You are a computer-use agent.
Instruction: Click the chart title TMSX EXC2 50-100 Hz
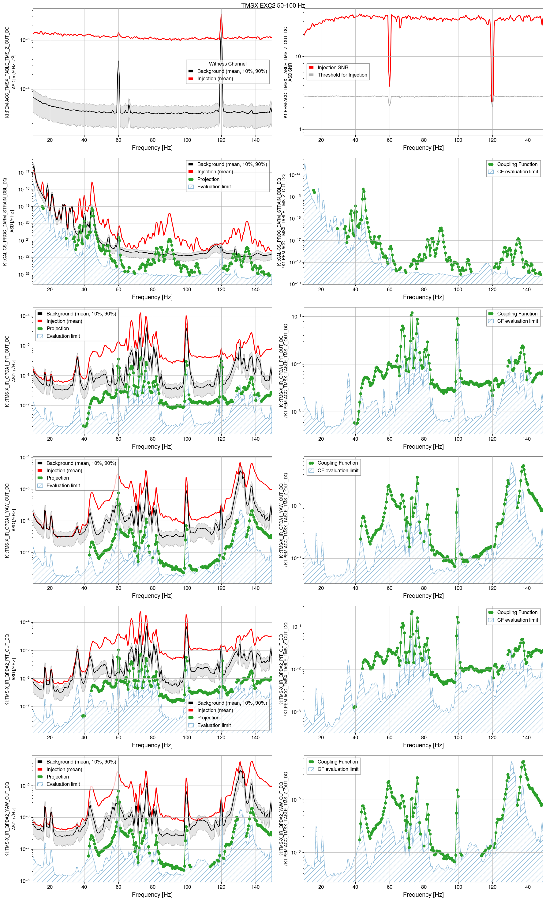273,6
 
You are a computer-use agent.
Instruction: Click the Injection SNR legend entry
333,68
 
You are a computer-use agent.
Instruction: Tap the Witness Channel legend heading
227,64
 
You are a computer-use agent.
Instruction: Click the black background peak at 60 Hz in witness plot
118,62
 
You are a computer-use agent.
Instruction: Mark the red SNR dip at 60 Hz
390,85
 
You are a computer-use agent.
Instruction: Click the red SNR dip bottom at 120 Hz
492,101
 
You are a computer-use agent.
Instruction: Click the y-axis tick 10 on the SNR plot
298,56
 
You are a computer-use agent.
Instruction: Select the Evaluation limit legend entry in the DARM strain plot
214,187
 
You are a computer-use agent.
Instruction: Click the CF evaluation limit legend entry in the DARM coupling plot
517,172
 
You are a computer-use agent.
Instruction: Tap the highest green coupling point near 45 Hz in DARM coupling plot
363,189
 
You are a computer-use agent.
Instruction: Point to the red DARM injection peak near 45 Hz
92,182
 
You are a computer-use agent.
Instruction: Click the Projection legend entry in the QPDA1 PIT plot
57,329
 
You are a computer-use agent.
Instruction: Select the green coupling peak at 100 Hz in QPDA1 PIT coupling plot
457,319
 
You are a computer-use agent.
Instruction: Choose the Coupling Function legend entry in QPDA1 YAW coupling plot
337,463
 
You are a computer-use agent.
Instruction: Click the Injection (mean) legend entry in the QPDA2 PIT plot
215,711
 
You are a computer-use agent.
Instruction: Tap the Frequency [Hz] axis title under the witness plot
152,148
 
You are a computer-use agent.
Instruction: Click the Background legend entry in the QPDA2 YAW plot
81,762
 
